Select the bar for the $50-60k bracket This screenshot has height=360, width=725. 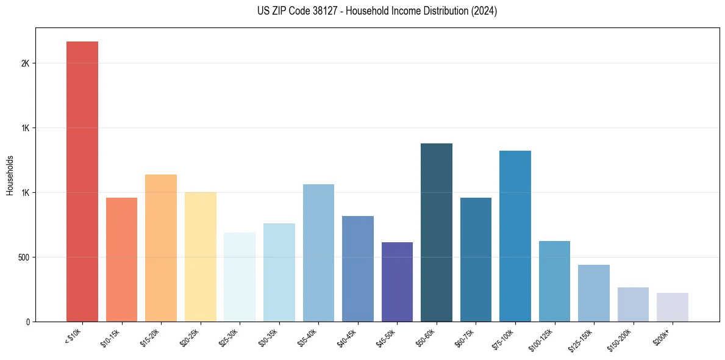[x=437, y=232]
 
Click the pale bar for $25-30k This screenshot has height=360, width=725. [x=240, y=277]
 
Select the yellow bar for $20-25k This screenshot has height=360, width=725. [x=201, y=257]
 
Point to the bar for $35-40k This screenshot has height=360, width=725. [x=318, y=253]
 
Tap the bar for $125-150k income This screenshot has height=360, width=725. [x=594, y=293]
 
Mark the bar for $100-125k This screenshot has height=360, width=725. [x=554, y=281]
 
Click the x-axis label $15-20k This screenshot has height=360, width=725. [x=151, y=337]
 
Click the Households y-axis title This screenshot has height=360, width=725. [x=10, y=175]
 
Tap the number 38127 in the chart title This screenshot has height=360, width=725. [x=327, y=11]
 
